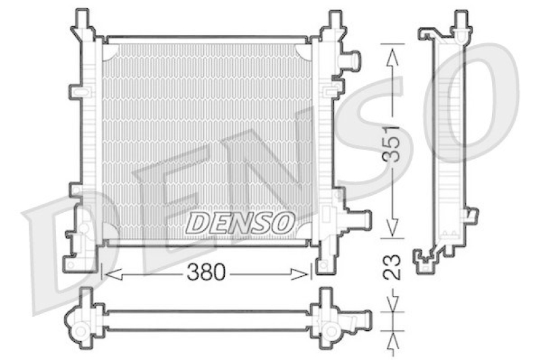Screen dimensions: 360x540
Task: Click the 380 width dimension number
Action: click(205, 273)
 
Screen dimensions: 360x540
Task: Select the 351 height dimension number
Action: click(394, 143)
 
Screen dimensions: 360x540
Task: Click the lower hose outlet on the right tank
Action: click(358, 220)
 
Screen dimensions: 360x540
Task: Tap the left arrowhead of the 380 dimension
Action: click(111, 274)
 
